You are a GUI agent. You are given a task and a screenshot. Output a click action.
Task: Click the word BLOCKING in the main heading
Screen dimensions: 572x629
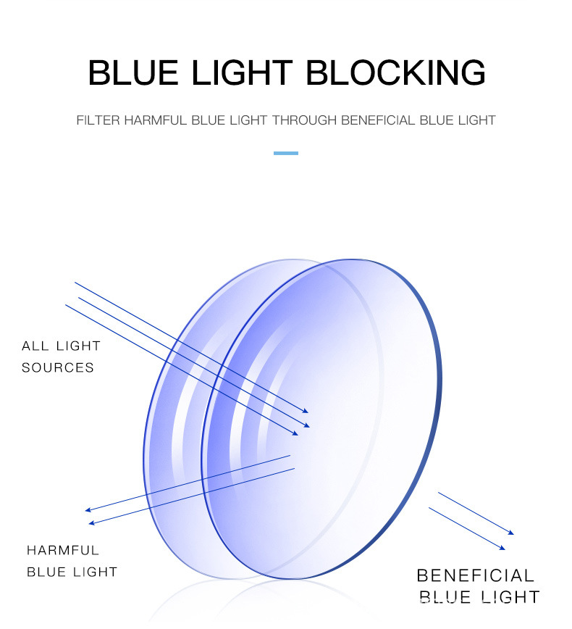(395, 72)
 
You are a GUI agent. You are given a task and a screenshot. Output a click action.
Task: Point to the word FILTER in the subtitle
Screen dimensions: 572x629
(98, 120)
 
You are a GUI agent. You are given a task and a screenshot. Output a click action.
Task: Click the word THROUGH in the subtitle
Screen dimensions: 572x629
(305, 120)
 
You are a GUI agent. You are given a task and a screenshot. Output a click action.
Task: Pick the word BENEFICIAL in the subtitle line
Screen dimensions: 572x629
(378, 120)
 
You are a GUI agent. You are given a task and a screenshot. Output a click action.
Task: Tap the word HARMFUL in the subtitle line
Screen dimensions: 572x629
(156, 120)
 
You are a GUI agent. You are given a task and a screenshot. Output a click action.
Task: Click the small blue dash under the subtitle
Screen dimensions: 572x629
(286, 153)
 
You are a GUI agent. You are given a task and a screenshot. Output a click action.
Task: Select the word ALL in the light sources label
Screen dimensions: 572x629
(35, 346)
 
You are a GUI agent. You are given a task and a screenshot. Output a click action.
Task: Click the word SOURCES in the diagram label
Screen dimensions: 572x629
(58, 367)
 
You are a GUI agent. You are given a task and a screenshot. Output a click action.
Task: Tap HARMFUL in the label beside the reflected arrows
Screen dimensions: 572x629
(63, 550)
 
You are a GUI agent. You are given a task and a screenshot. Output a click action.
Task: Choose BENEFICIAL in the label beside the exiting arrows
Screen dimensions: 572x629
(476, 575)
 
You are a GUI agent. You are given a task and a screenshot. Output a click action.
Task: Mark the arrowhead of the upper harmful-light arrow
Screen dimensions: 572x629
(88, 510)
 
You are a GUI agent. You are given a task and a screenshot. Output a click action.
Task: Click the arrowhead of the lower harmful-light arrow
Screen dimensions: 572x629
(91, 523)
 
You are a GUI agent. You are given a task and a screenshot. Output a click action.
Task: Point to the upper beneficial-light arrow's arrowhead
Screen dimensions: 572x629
(511, 533)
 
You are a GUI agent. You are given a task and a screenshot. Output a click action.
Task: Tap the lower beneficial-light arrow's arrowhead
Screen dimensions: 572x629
(502, 548)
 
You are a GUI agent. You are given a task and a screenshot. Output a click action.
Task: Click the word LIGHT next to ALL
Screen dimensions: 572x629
(78, 346)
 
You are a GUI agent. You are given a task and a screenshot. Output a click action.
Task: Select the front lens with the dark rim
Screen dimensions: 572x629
(321, 419)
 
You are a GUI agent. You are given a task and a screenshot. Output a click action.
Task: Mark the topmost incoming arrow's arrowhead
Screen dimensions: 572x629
(306, 411)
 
